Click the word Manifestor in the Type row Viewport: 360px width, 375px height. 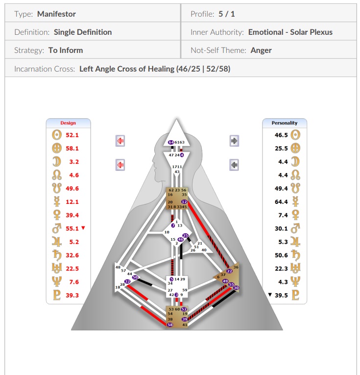[x=56, y=14]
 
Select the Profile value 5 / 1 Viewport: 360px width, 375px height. [x=226, y=14]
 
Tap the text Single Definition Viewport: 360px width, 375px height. [x=83, y=32]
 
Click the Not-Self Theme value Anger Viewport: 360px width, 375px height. [x=261, y=50]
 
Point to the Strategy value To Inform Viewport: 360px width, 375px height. [x=66, y=50]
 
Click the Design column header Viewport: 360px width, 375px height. [x=68, y=123]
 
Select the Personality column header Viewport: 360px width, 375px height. [x=284, y=123]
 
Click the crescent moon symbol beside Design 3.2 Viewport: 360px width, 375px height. [x=56, y=161]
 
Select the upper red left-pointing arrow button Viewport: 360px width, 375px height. [x=120, y=141]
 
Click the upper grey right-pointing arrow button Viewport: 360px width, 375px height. [x=234, y=141]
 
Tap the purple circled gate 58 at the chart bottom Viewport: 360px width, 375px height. [x=170, y=325]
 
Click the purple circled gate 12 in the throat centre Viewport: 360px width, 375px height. [x=184, y=201]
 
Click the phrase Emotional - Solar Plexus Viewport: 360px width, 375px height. [x=290, y=32]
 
